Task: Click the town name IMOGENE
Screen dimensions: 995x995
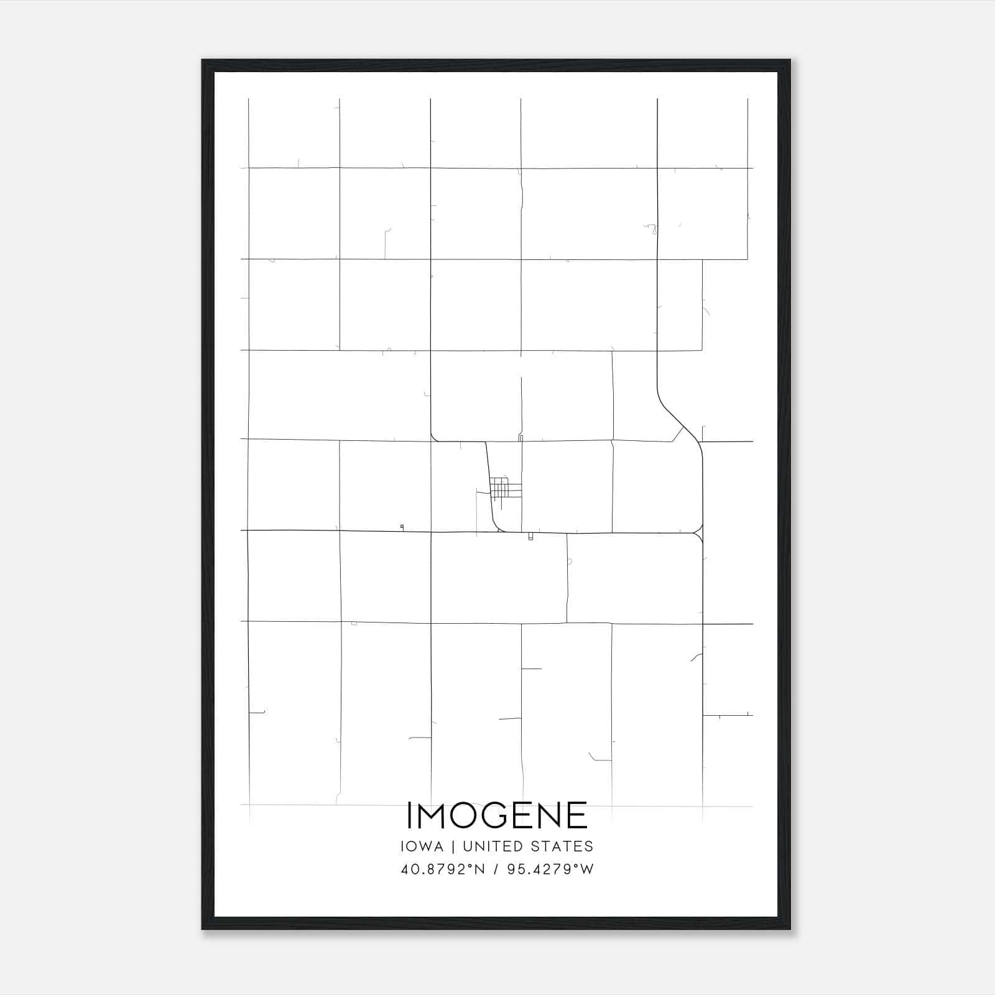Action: coord(497,815)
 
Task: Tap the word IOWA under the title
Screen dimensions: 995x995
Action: coord(422,846)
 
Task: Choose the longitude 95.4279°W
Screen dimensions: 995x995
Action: coord(550,869)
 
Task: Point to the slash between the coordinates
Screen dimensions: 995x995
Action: coord(495,869)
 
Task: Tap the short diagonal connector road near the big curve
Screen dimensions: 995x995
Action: coord(678,434)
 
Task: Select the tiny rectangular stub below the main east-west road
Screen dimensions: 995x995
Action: coord(530,537)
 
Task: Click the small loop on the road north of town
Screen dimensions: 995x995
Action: coord(521,438)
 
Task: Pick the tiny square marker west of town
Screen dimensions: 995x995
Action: coord(402,527)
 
